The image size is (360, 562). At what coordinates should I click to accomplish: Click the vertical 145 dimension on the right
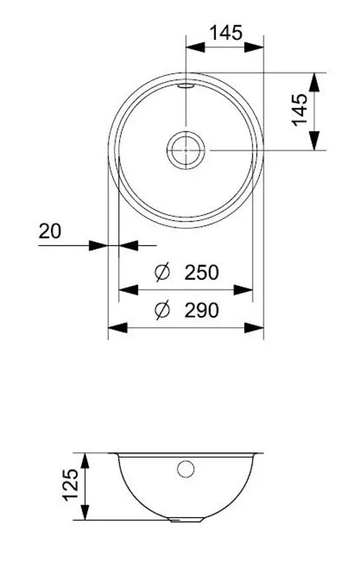[x=299, y=109]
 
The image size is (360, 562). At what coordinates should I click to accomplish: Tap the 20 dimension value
[x=50, y=231]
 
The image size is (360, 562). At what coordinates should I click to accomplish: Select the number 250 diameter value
[x=202, y=272]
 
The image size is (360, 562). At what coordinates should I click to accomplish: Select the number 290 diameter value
[x=202, y=310]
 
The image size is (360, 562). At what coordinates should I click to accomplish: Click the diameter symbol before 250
[x=163, y=272]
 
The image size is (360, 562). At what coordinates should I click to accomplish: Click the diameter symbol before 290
[x=163, y=310]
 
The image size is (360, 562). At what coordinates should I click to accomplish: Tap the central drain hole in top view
[x=186, y=150]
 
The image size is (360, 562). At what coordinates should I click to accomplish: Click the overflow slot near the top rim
[x=186, y=85]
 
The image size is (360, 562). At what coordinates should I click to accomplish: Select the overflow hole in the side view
[x=186, y=469]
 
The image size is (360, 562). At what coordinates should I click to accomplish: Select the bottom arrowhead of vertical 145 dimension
[x=315, y=141]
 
